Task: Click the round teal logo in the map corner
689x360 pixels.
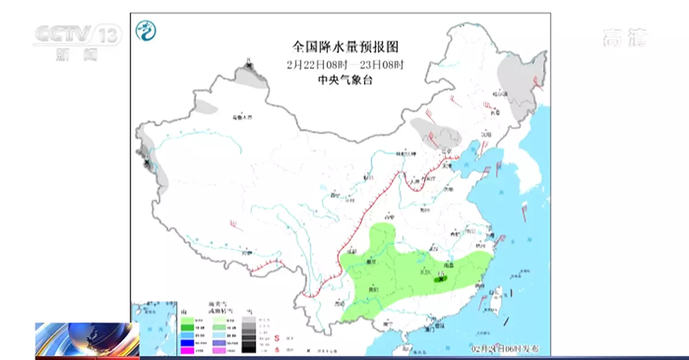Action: tap(146, 31)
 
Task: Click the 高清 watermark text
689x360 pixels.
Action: tap(625, 38)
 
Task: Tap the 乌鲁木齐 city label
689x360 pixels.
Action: tap(242, 117)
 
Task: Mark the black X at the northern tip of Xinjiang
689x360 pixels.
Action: tap(249, 66)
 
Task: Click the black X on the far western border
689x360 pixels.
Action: tap(147, 162)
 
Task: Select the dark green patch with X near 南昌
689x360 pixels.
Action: tap(441, 280)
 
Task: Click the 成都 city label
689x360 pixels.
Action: tap(352, 251)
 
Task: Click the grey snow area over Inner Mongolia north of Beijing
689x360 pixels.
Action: tap(435, 132)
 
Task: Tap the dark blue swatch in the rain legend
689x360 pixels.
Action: tap(186, 342)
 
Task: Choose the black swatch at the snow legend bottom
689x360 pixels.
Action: tap(249, 349)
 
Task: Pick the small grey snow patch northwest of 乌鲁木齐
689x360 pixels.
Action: tap(207, 106)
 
